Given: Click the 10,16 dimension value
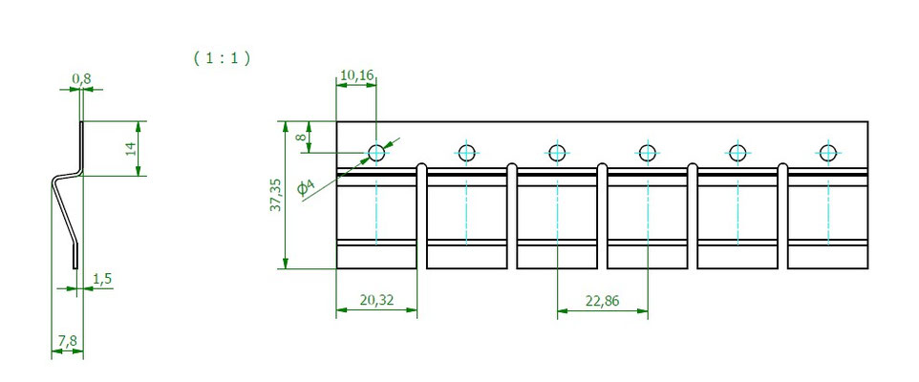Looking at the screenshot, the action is coord(357,75).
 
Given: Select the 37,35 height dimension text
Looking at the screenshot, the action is coord(275,195).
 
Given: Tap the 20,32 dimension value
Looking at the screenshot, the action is coord(376,300).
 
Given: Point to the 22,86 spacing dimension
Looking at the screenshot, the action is coord(602,301).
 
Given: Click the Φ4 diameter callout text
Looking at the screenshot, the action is coord(306,187).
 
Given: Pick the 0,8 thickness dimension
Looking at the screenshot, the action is coord(81,78).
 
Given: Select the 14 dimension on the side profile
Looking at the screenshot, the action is coord(131,148).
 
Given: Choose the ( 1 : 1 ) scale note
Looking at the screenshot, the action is coord(222,58).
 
